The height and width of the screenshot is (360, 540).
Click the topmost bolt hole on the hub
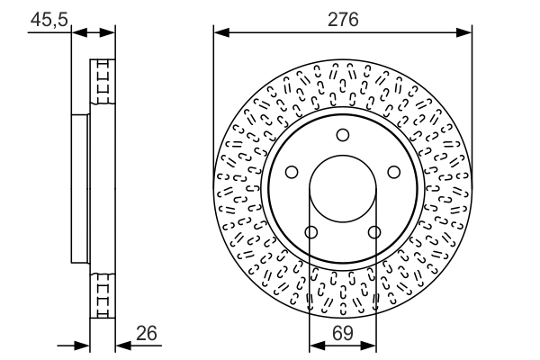[x=343, y=135]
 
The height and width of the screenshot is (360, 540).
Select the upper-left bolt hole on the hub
[x=292, y=173]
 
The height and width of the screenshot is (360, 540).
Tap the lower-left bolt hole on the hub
[x=311, y=233]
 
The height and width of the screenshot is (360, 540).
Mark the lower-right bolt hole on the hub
[x=374, y=233]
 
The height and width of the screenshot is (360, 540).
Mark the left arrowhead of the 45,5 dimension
[x=76, y=33]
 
